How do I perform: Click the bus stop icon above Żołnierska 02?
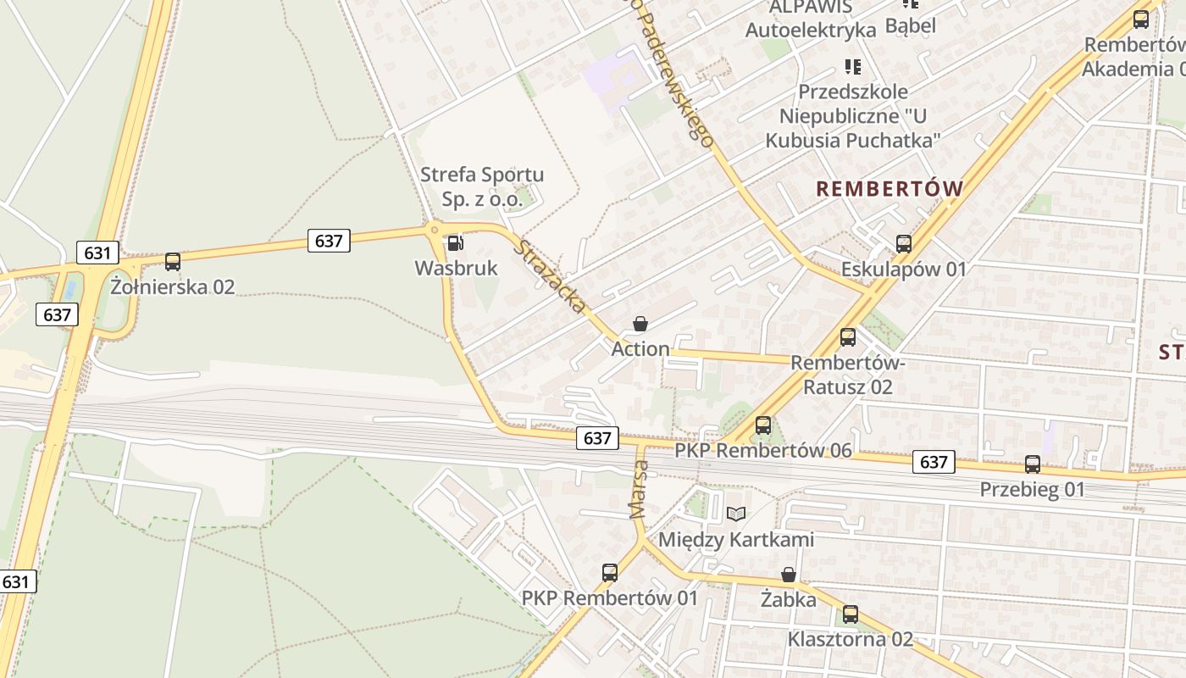173,262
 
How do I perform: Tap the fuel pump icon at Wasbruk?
456,243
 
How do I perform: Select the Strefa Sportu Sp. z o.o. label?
482,186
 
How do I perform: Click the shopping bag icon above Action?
640,324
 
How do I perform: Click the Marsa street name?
639,489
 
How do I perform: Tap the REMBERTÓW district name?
890,189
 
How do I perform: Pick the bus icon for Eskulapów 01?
904,244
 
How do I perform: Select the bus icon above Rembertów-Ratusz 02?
848,337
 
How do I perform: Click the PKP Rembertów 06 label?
763,450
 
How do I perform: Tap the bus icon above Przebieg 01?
1033,464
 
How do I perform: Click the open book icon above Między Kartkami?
736,514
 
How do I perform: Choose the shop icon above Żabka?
789,575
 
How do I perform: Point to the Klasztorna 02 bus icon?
851,614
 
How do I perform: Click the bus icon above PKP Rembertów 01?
610,573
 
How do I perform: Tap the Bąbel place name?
911,25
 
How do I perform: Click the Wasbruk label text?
456,268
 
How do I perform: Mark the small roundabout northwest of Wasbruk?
435,229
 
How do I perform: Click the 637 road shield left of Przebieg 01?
934,462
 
